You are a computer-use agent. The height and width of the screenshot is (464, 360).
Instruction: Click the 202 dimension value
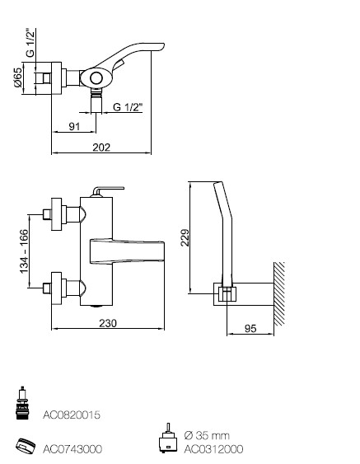(x=101, y=147)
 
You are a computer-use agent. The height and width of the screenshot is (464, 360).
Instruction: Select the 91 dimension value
(x=74, y=126)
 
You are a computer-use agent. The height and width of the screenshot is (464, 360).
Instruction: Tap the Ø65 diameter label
(x=18, y=77)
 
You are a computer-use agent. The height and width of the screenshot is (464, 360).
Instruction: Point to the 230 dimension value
(x=108, y=323)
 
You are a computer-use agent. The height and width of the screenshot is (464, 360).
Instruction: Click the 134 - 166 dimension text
(x=24, y=251)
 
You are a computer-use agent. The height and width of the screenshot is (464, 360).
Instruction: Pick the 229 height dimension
(x=185, y=237)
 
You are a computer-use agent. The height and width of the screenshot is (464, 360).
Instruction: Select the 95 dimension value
(x=250, y=329)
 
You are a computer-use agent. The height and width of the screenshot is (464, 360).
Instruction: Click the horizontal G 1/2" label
(x=128, y=107)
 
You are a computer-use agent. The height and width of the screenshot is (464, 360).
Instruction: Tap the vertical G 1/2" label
(x=30, y=43)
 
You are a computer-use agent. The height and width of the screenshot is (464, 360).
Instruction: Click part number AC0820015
(x=72, y=415)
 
